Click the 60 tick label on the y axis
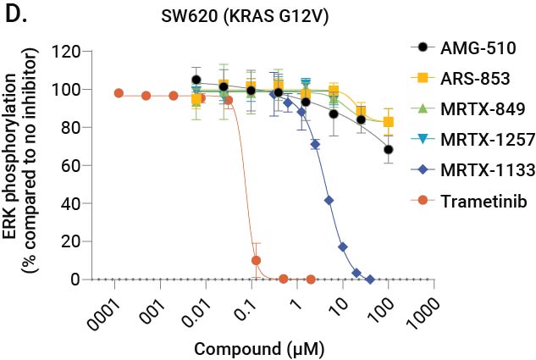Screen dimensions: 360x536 pyautogui.click(x=73, y=165)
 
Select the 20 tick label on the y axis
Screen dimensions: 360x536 pyautogui.click(x=73, y=241)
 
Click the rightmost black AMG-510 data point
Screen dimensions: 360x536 pyautogui.click(x=388, y=149)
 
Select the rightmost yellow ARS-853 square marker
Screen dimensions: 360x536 pyautogui.click(x=388, y=121)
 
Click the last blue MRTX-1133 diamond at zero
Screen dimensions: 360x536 pyautogui.click(x=370, y=279)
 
